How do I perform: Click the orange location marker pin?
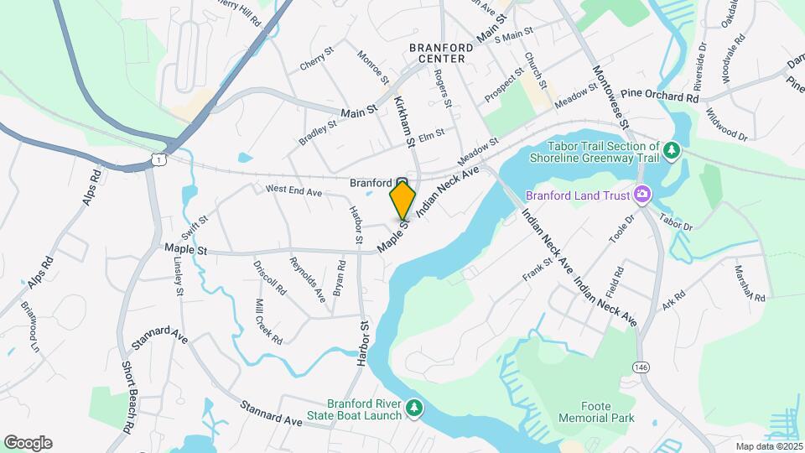click(402, 200)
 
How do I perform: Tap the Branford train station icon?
click(402, 183)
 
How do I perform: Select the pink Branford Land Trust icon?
click(642, 195)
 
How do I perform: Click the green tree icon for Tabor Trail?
click(671, 150)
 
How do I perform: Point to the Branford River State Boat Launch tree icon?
click(413, 409)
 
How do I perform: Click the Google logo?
click(28, 443)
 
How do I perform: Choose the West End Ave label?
click(293, 192)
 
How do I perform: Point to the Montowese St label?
click(610, 96)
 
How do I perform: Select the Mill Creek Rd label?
click(268, 321)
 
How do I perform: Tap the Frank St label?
click(538, 270)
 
